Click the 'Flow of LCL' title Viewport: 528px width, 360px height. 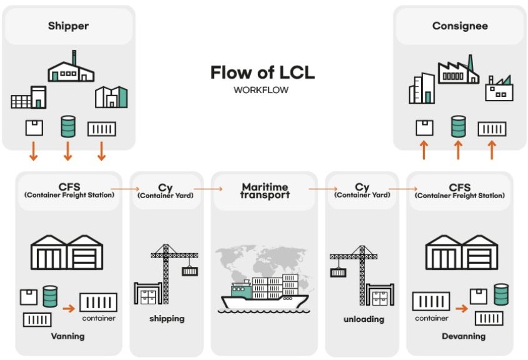(262, 72)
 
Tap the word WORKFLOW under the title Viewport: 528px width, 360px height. (261, 90)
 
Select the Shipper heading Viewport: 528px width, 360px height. (68, 26)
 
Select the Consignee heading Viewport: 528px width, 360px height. (460, 26)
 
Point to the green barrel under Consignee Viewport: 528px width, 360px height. (459, 127)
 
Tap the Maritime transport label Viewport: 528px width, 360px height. (265, 191)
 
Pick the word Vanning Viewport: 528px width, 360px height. (67, 336)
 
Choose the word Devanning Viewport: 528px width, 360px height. (464, 336)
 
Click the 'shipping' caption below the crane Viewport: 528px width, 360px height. (167, 319)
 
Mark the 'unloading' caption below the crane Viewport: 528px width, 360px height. (363, 319)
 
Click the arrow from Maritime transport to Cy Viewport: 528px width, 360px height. (322, 187)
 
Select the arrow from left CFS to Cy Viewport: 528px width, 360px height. (124, 187)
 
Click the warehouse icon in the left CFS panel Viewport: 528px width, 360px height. (67, 252)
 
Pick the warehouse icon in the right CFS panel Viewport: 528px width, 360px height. (462, 252)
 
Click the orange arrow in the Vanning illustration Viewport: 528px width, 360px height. (69, 307)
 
